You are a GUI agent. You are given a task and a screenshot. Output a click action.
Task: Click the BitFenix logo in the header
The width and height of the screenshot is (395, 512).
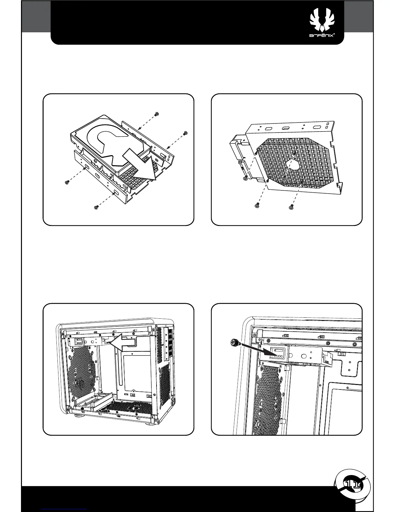[321, 26]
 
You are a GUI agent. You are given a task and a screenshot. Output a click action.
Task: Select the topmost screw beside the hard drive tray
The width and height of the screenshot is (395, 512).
[157, 114]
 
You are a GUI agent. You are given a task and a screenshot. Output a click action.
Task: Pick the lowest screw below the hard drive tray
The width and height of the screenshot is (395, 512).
[96, 207]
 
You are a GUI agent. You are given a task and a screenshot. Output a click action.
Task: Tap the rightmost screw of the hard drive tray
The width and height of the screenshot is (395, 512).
[186, 133]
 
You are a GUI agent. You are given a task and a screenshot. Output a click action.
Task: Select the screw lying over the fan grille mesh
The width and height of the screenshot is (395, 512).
[284, 179]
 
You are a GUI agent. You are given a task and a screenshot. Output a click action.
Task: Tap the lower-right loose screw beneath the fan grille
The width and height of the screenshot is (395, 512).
[291, 206]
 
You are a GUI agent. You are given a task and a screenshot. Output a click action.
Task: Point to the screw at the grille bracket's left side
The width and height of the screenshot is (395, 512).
[246, 177]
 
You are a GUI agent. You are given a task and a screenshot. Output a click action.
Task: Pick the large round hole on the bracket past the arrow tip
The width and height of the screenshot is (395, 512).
[304, 357]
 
